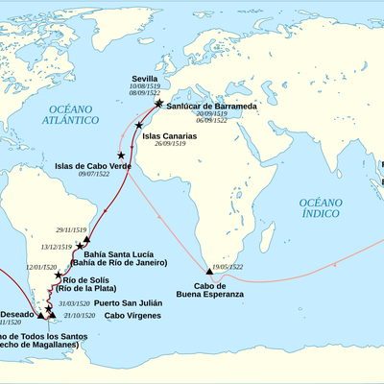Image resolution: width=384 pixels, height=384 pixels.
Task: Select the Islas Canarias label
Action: coord(170,136)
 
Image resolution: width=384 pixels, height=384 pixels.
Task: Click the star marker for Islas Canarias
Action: coord(140,126)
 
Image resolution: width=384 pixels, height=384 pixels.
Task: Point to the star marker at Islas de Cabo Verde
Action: coord(121,155)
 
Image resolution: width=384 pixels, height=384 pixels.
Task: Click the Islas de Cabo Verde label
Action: coord(87,165)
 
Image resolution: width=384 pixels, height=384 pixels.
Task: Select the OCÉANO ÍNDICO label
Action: coord(320,208)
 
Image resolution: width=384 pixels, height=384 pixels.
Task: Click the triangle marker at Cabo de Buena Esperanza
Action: coord(210,272)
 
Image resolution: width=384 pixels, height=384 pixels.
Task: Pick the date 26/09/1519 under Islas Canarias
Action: coord(169,146)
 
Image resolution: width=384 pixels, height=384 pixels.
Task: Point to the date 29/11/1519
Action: coord(98,230)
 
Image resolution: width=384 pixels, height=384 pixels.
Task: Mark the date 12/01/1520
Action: coord(41,266)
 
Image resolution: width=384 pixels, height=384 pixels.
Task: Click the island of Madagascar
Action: coord(256,235)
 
